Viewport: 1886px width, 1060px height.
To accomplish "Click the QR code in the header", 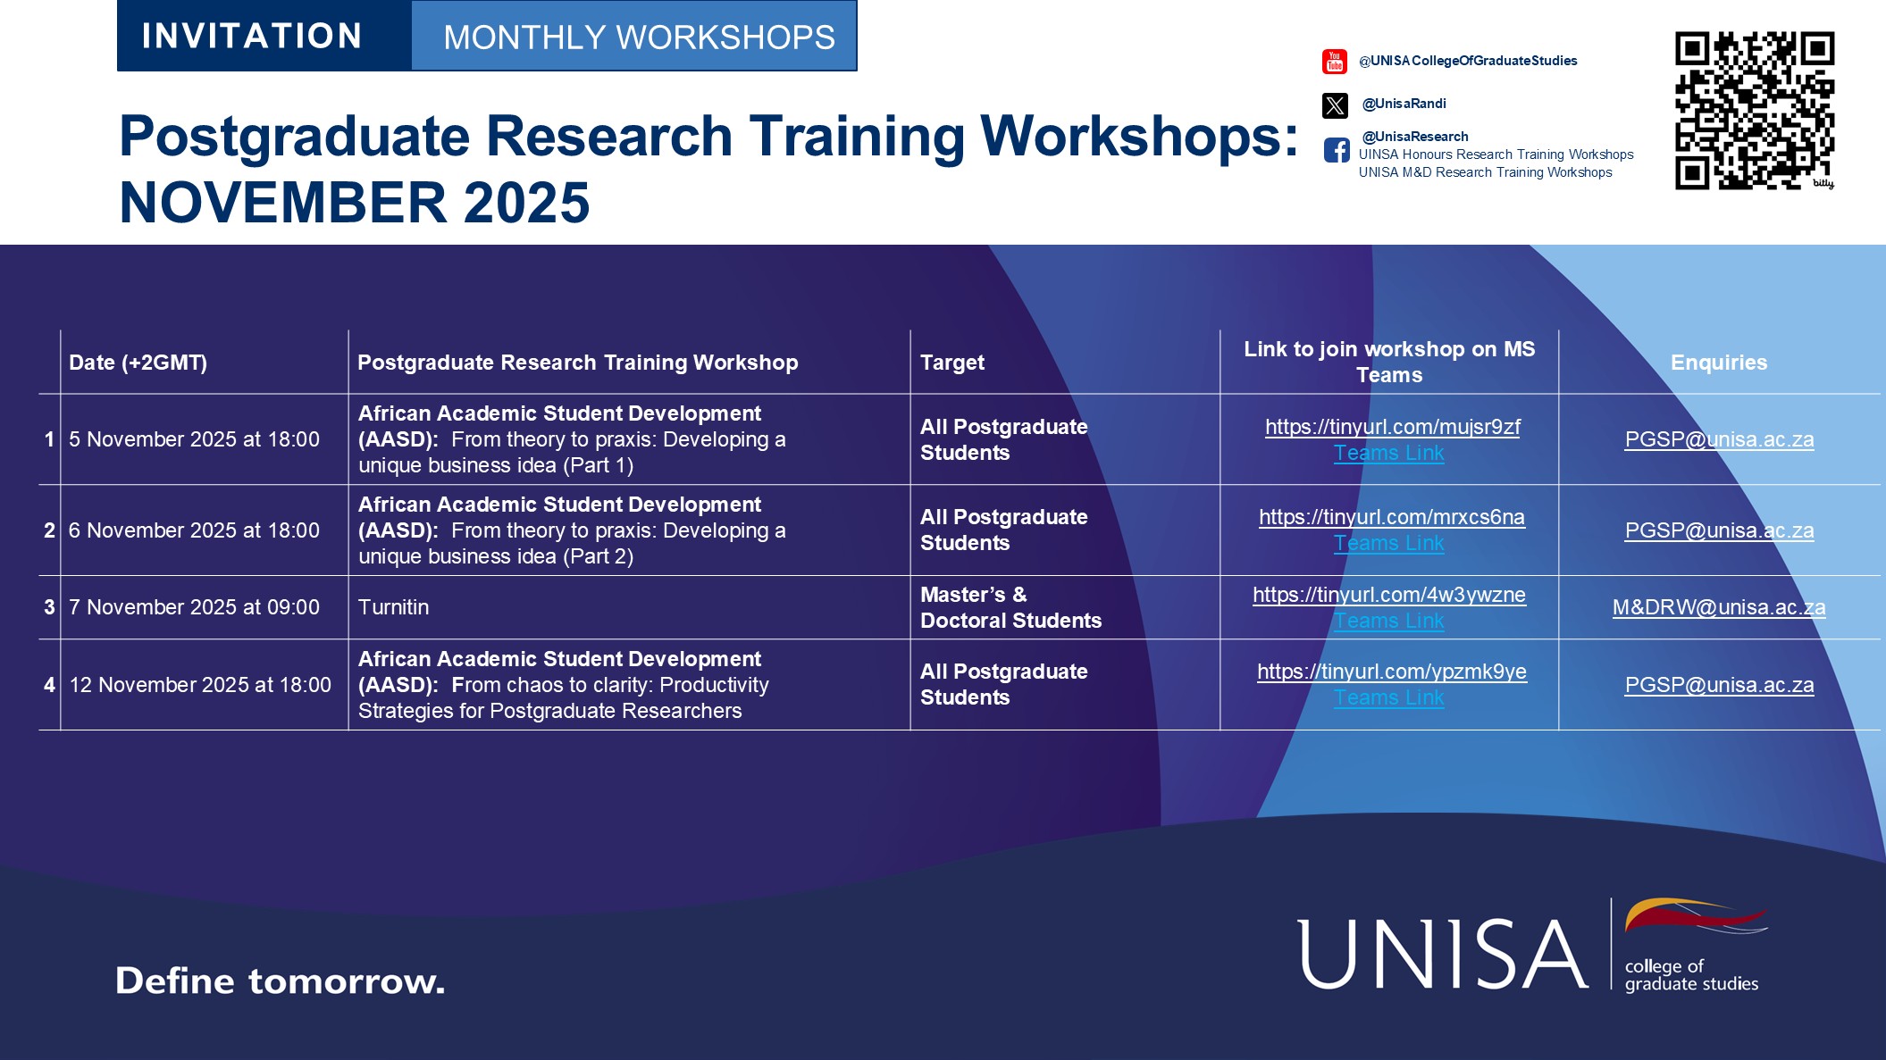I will (1754, 111).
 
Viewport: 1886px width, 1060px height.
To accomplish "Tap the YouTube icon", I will (1334, 62).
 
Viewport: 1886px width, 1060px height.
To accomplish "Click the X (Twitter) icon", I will (1335, 105).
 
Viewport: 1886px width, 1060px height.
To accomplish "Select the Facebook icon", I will (1337, 150).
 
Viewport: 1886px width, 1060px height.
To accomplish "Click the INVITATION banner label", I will (252, 37).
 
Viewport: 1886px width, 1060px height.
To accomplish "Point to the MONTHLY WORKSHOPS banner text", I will (639, 38).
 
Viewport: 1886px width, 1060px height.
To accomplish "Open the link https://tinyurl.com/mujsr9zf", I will (1392, 427).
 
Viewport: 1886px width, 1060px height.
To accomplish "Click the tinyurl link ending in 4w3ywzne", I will (1388, 595).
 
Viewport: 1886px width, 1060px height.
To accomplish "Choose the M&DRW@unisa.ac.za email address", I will (1718, 608).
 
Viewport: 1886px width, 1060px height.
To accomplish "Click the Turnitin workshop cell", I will (394, 608).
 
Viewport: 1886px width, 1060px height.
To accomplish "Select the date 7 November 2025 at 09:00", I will (194, 608).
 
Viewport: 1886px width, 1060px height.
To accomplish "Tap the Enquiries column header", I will (1718, 363).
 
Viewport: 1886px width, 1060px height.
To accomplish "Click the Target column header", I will (952, 363).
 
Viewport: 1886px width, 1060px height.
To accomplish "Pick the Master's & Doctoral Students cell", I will (1010, 608).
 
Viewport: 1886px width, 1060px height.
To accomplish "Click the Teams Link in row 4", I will (1388, 698).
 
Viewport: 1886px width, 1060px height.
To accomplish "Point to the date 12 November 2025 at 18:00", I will (200, 685).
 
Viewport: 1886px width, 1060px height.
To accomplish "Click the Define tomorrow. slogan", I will (280, 981).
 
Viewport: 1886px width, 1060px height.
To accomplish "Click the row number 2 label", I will (49, 530).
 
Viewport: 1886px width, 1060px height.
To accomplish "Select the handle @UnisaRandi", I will (1404, 104).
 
